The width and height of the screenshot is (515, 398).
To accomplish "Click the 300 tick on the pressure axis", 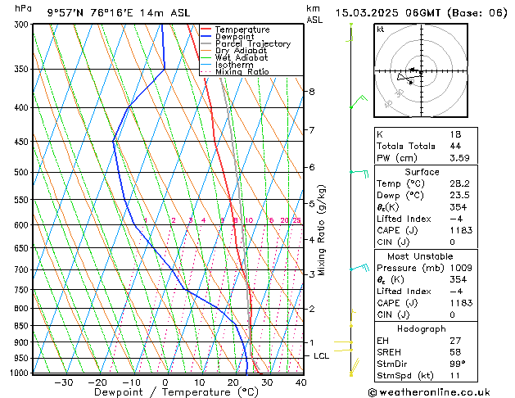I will (x=20, y=25).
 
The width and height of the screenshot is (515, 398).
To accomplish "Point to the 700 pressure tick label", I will (x=20, y=269).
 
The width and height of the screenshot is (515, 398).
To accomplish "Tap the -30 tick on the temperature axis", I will (x=63, y=382).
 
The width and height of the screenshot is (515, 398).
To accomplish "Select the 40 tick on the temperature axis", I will (x=301, y=382).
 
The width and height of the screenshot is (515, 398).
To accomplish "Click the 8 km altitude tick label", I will (x=312, y=92).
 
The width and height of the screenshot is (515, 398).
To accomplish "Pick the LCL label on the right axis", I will (x=322, y=356).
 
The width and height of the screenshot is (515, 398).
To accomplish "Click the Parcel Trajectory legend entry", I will (x=252, y=44).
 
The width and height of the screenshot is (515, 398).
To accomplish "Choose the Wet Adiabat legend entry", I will (x=242, y=58).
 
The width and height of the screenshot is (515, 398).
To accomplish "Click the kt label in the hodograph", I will (x=380, y=29).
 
